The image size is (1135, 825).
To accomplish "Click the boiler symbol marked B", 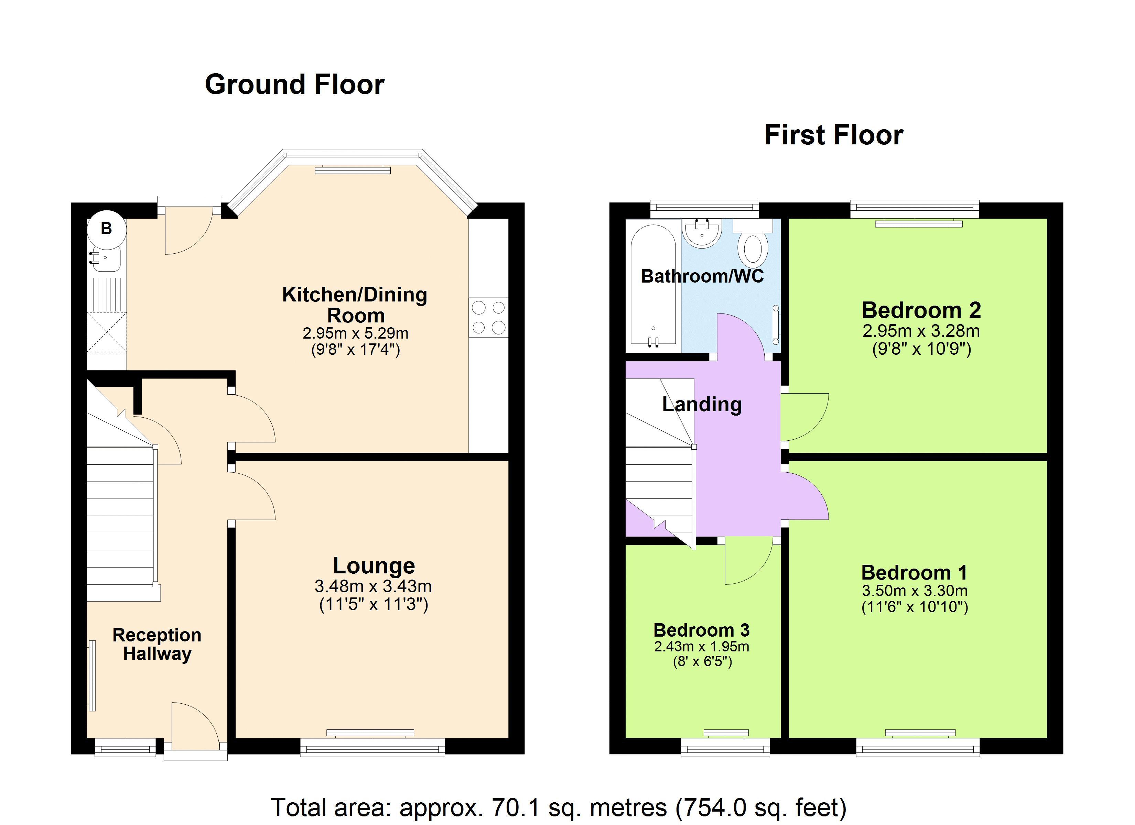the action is pyautogui.click(x=106, y=229).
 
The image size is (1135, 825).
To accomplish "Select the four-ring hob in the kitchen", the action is pyautogui.click(x=488, y=318).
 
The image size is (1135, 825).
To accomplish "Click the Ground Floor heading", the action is pyautogui.click(x=295, y=84).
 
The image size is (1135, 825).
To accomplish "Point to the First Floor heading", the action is pyautogui.click(x=834, y=135).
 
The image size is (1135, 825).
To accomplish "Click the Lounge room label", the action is pyautogui.click(x=374, y=566).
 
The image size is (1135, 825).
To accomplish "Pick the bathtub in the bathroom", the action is pyautogui.click(x=653, y=285).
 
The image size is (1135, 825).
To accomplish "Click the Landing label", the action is pyautogui.click(x=702, y=404).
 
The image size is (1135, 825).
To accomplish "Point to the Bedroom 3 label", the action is pyautogui.click(x=702, y=630).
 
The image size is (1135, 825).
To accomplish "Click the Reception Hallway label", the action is pyautogui.click(x=157, y=645).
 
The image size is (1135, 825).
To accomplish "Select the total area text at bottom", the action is pyautogui.click(x=559, y=807).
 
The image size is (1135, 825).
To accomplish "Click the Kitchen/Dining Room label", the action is pyautogui.click(x=355, y=305).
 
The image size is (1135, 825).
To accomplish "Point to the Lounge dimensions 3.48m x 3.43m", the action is pyautogui.click(x=373, y=586).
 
